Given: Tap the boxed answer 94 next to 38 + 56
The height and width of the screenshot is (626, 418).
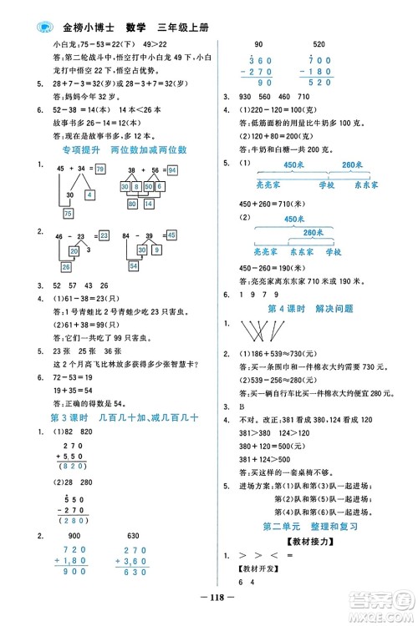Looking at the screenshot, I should [171, 169].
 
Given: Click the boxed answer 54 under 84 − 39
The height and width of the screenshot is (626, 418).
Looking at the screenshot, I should [132, 266].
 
